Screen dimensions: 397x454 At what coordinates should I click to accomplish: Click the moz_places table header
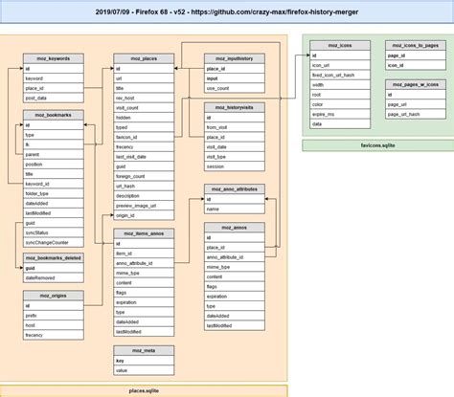143,58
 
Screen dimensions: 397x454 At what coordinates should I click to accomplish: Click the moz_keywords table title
53,58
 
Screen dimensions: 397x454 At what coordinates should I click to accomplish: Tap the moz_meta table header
143,351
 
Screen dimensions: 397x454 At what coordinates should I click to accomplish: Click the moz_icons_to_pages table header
415,45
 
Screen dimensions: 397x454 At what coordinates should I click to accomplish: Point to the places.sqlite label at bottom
144,390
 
